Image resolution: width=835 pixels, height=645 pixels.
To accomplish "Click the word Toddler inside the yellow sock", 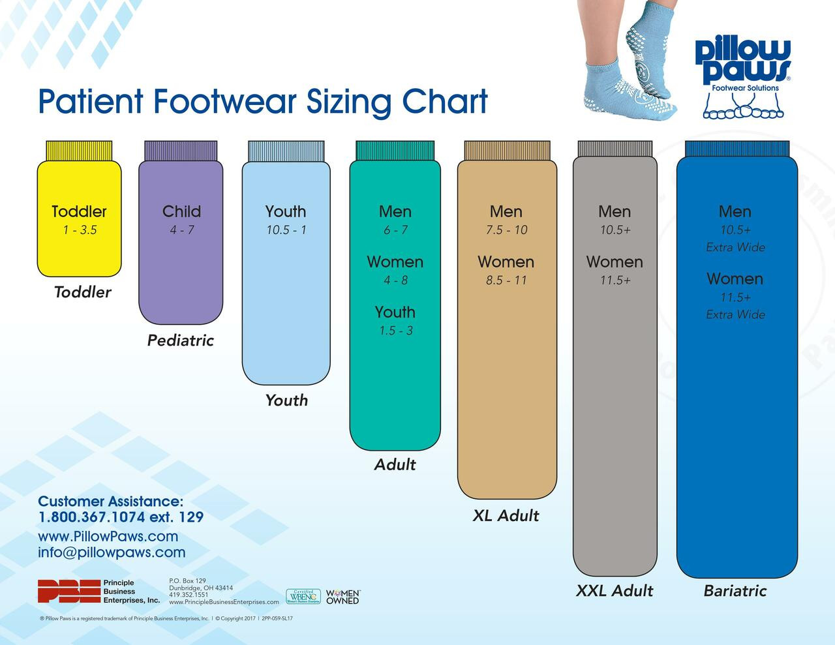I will point(79,211).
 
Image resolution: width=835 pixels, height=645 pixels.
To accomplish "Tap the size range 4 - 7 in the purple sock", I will point(181,230).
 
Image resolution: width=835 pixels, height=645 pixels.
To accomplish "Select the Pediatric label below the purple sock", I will point(181,340).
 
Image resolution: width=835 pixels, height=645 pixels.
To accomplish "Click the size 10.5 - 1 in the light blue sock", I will point(286,230).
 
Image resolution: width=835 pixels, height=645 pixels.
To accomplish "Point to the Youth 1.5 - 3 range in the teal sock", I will point(395,331).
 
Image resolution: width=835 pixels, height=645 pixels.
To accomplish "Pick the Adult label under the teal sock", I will point(395,465).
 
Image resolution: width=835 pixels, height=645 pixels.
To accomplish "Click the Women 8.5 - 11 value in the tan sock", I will point(506,280).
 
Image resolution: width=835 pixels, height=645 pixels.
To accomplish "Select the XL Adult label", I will point(506,516).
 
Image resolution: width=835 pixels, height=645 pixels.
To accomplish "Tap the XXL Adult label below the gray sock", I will point(614,591).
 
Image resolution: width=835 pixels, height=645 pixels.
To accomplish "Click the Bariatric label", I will point(735,591).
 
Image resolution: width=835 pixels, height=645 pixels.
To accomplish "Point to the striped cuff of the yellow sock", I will point(79,150).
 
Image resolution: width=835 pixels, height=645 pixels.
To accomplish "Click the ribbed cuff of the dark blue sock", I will point(736,149).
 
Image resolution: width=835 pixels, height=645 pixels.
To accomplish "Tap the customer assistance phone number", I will point(121,517).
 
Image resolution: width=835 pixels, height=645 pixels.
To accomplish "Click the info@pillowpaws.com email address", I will point(112,552).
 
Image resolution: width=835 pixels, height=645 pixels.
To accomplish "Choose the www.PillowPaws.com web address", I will point(108,536).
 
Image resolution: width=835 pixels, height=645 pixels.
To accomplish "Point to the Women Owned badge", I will point(342,596).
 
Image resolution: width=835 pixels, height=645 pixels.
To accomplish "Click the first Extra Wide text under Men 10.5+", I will point(735,247).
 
